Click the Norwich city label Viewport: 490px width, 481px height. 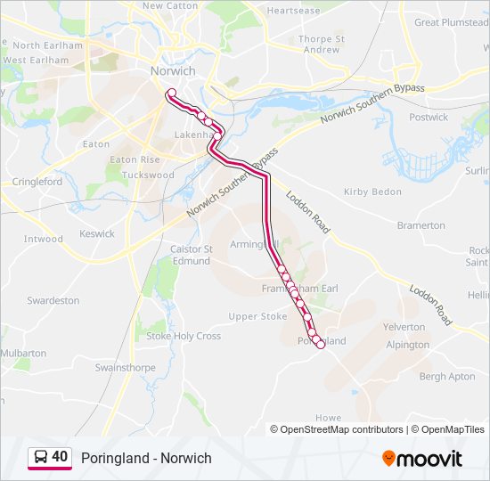(173, 71)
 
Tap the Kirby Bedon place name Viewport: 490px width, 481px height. (372, 192)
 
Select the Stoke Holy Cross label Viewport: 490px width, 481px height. (184, 337)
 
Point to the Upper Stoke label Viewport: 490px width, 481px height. (257, 316)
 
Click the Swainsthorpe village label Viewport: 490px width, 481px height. (125, 367)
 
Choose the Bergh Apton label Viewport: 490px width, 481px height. (446, 377)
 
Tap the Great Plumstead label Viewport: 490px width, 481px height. (451, 22)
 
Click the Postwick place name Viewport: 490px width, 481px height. (429, 117)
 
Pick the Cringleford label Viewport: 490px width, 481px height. (37, 182)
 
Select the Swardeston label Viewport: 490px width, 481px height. (53, 301)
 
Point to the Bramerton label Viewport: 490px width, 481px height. (421, 225)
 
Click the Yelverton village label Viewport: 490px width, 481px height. (404, 327)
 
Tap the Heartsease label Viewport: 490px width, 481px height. (293, 11)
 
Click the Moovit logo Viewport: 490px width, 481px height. (422, 459)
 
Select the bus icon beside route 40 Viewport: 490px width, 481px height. (40, 458)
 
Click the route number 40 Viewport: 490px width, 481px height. (60, 457)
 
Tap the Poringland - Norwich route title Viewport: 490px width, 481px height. (146, 458)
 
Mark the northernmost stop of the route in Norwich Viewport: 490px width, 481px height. (170, 93)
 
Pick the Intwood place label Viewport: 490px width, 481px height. (44, 239)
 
